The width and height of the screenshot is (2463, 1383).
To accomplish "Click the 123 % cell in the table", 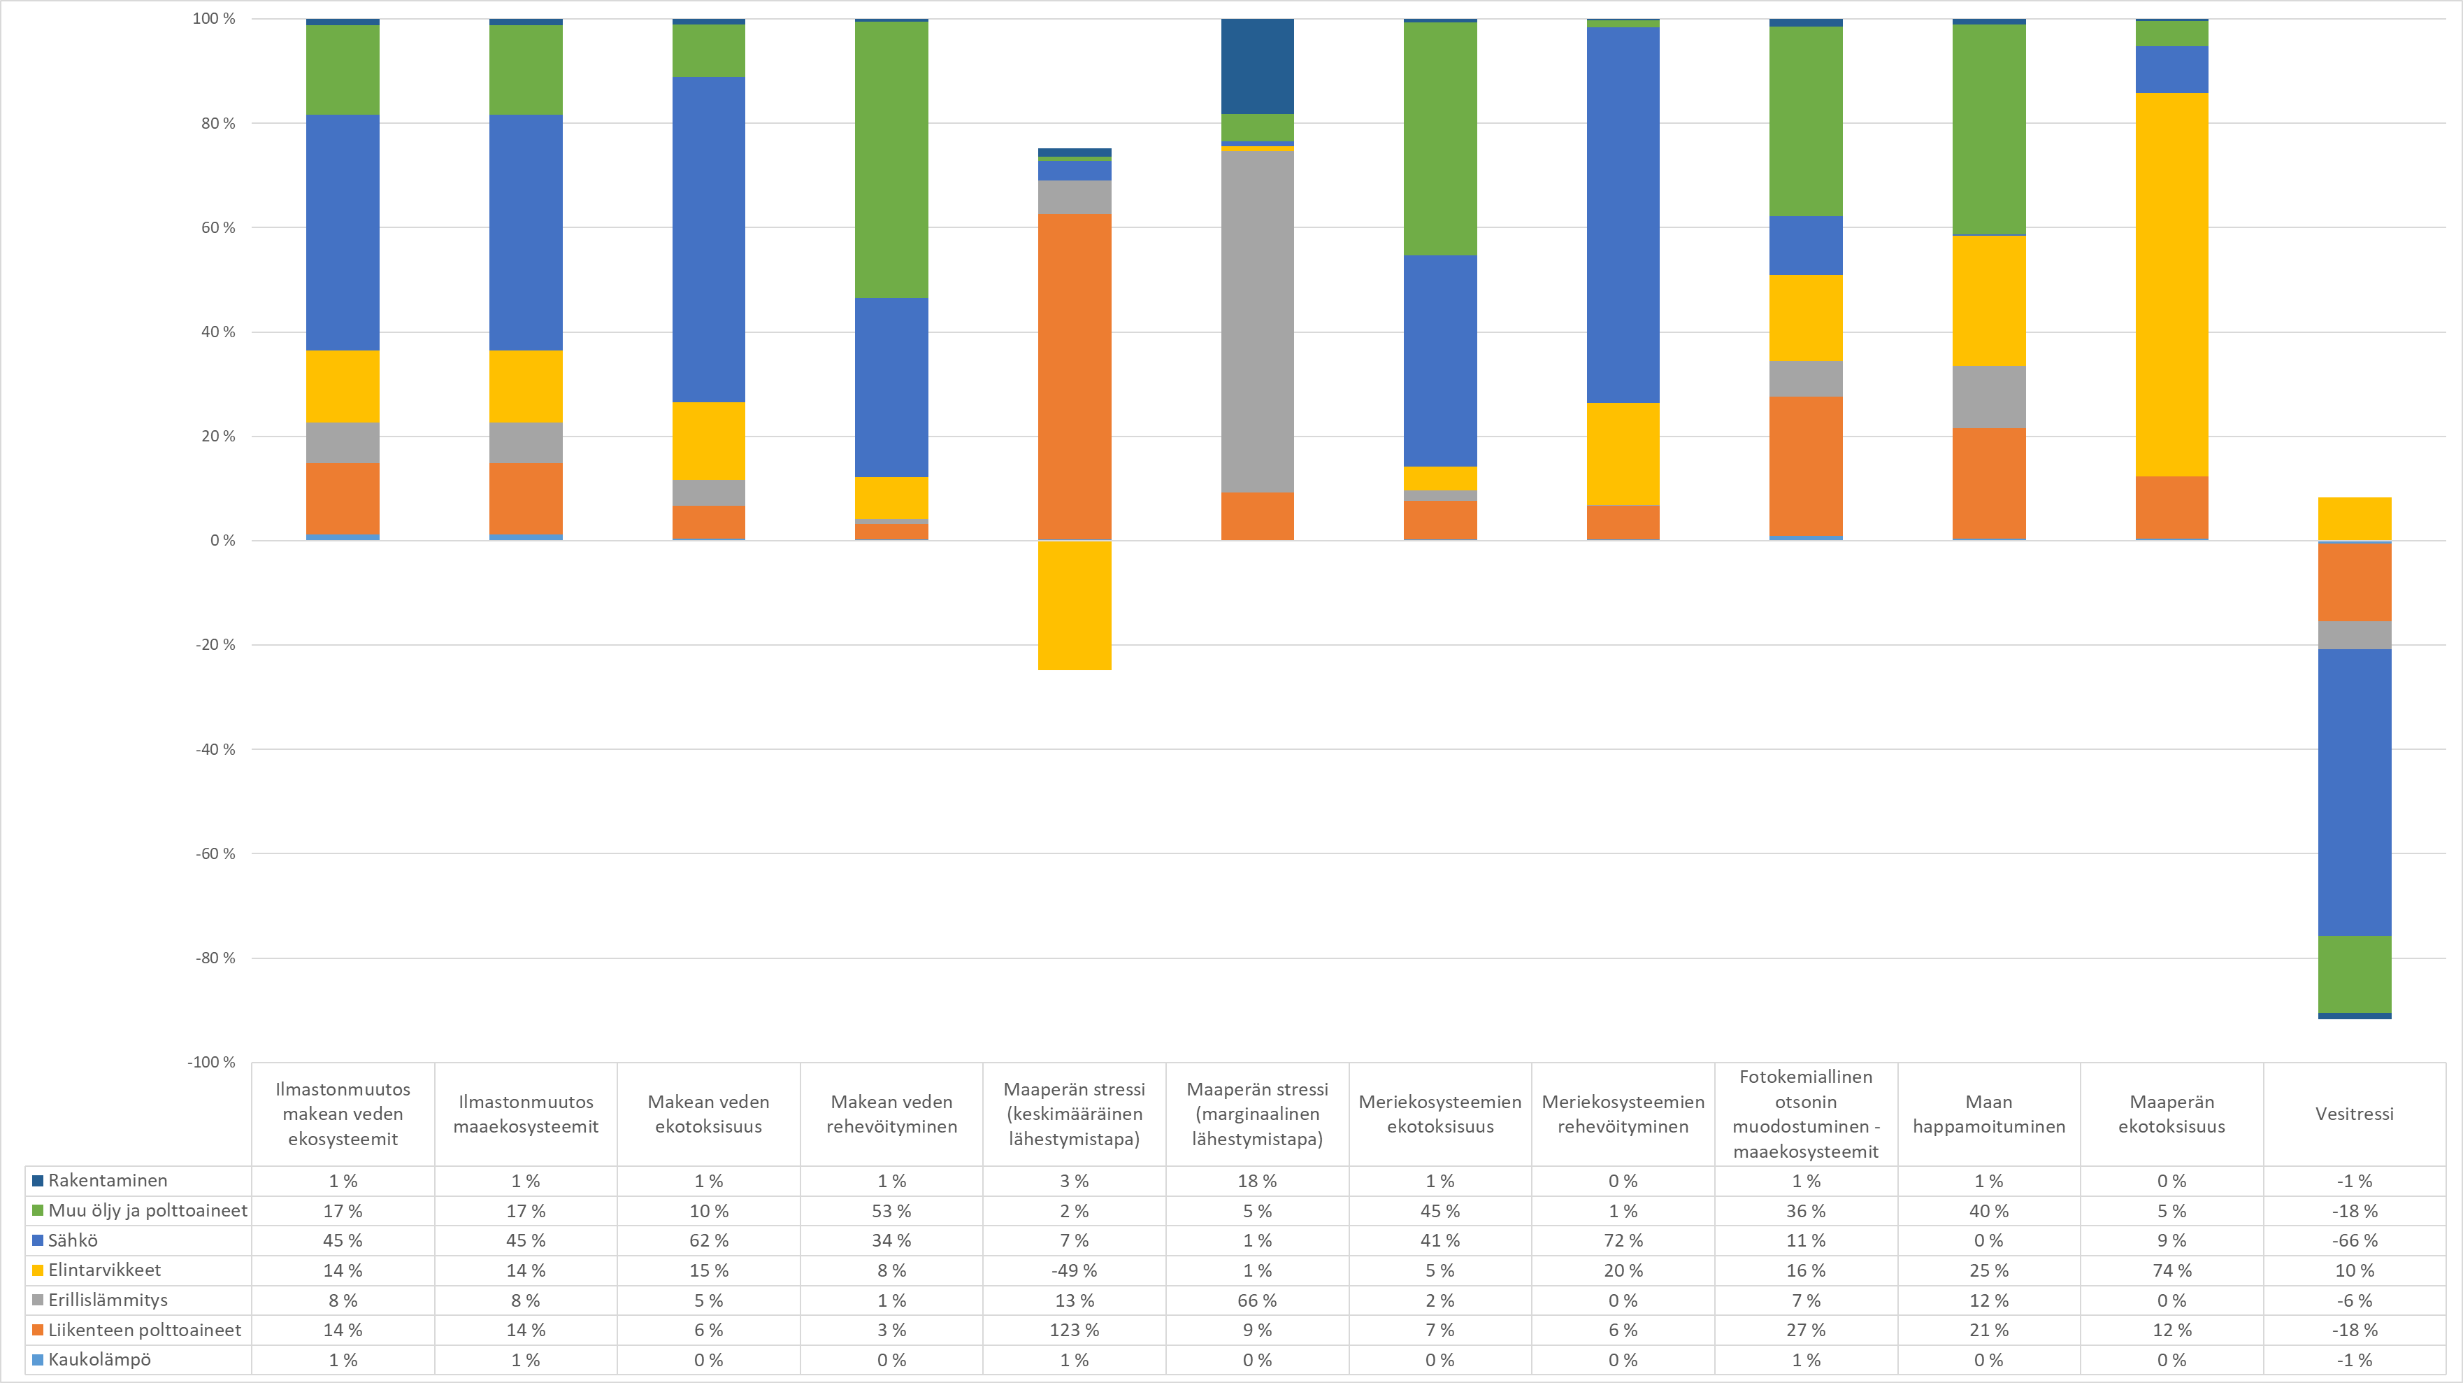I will tap(1074, 1329).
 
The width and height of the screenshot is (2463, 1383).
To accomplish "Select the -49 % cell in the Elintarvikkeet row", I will tap(1074, 1270).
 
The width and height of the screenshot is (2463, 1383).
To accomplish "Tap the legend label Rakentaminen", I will tap(107, 1180).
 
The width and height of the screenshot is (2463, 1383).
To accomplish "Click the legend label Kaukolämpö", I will tap(99, 1359).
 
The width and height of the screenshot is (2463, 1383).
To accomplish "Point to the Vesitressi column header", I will tap(2354, 1113).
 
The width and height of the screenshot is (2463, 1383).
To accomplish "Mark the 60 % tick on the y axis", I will tap(217, 227).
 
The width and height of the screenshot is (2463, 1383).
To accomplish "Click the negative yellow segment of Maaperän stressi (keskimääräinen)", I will tap(1074, 605).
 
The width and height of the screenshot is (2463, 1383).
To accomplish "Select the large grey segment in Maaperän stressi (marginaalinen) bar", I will tap(1257, 321).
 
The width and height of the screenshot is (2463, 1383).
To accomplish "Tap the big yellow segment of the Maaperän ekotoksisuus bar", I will tap(2171, 284).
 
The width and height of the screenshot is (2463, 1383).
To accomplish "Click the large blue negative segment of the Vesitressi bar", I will tap(2354, 792).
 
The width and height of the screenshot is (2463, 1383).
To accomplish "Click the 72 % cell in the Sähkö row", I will tap(1623, 1240).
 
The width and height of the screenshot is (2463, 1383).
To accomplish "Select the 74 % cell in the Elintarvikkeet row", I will tap(2171, 1270).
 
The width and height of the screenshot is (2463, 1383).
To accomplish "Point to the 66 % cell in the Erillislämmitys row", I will tap(1257, 1300).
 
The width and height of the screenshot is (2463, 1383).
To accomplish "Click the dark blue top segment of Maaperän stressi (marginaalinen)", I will tap(1257, 66).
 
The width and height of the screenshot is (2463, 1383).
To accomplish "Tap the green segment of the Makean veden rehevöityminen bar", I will tap(891, 159).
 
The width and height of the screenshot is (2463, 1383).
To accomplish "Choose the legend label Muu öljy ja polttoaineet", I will tap(148, 1210).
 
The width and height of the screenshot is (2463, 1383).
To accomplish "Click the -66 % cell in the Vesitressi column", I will tap(2354, 1240).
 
